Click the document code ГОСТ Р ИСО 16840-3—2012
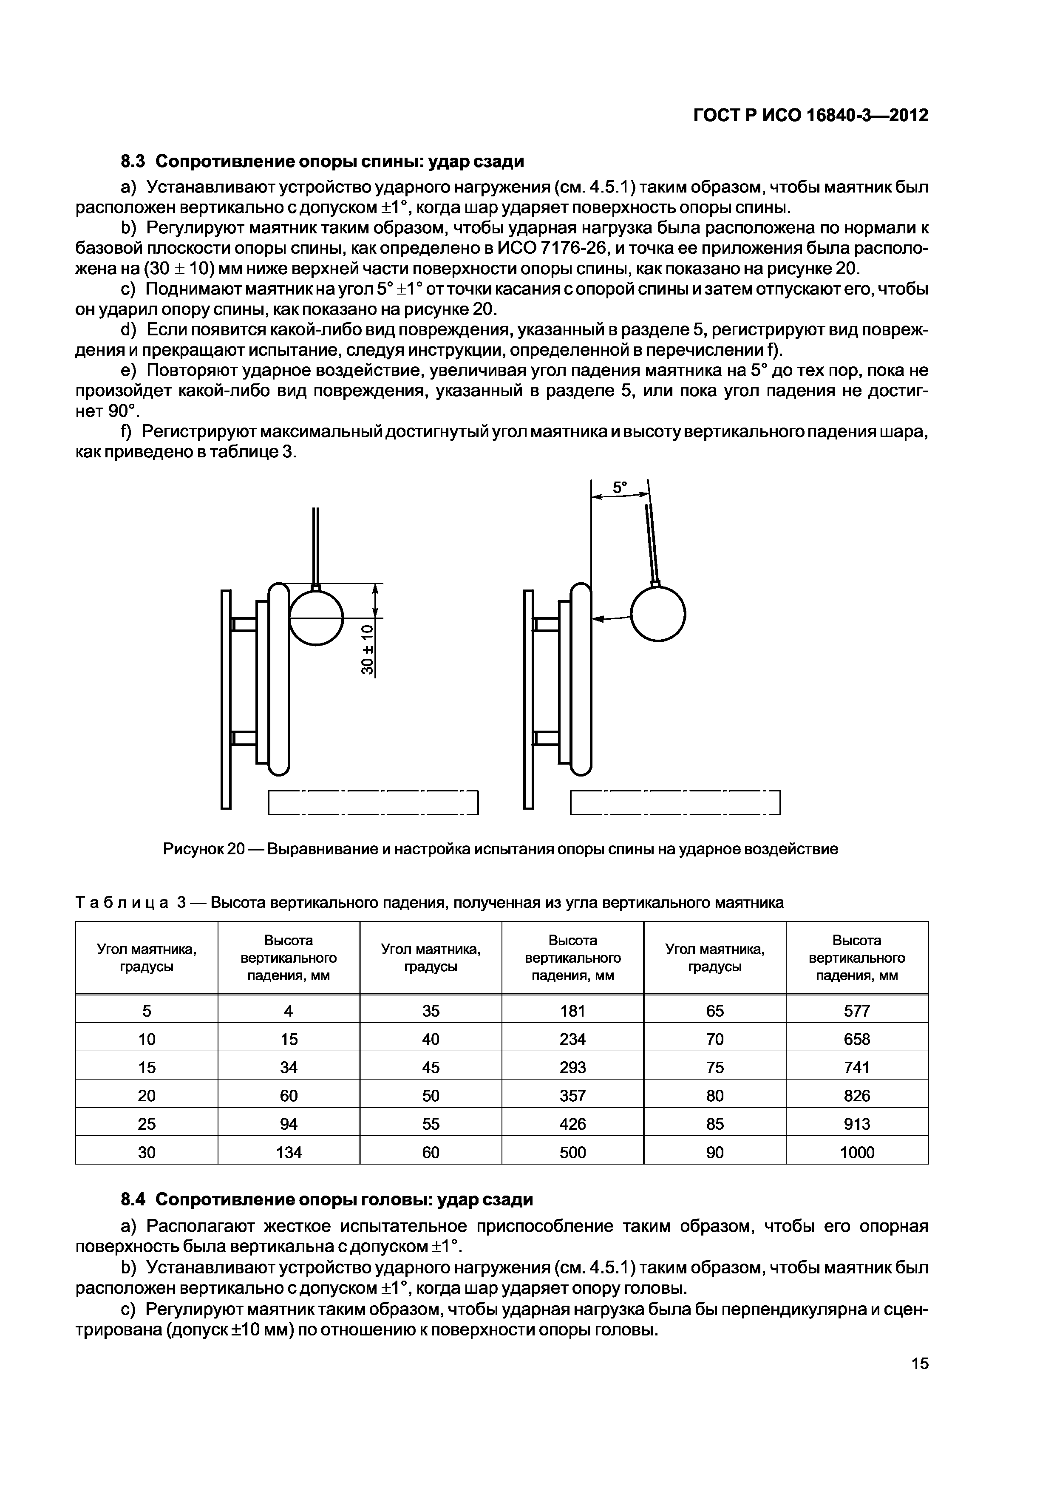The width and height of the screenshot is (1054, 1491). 810,116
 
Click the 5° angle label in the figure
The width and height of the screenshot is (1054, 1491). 620,487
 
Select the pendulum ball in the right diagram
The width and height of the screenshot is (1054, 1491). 658,614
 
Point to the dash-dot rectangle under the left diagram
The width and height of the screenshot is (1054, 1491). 373,802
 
